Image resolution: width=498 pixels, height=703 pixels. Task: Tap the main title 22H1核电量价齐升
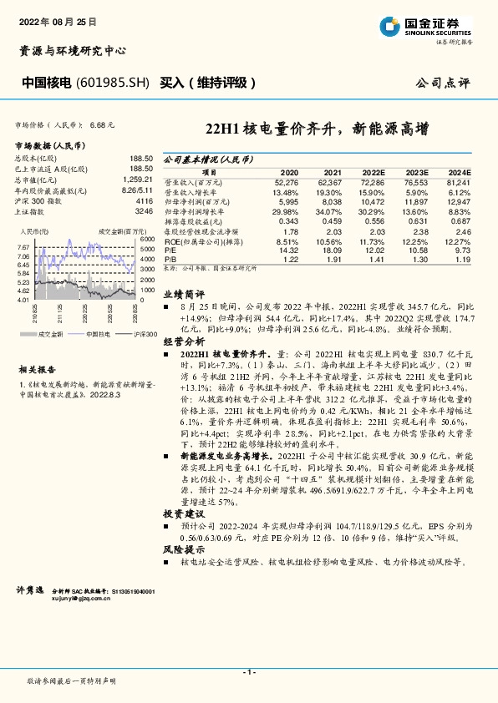[317, 129]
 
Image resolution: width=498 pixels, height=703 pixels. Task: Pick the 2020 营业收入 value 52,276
[286, 181]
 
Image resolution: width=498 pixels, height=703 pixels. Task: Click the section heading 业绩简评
[183, 295]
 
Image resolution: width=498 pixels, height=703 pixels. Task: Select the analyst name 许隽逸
[30, 589]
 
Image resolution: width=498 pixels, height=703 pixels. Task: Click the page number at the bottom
[248, 671]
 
